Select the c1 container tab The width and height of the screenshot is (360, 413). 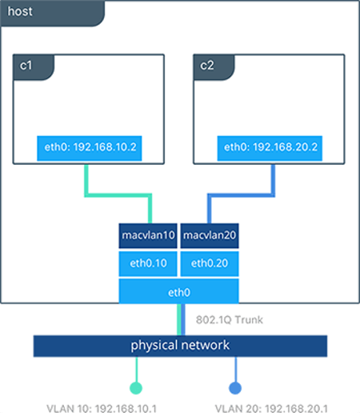point(28,67)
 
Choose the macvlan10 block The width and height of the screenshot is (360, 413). point(148,235)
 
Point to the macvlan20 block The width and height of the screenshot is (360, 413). point(210,235)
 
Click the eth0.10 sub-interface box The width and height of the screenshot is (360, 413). point(148,263)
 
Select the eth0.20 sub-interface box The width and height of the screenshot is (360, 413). point(210,263)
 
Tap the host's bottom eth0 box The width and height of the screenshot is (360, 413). point(179,291)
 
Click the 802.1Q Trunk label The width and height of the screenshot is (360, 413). point(229,320)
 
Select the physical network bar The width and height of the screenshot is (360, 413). point(180,345)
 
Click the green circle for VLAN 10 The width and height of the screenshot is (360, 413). point(136,387)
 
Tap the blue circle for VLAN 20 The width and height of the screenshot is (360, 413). point(235,387)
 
